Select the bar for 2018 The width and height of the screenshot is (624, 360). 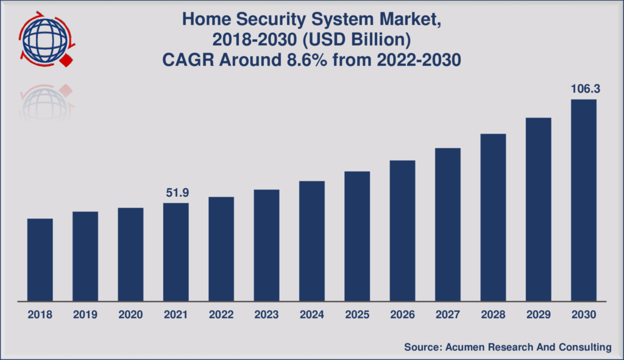[x=40, y=259]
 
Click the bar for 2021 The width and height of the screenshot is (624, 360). [x=175, y=252]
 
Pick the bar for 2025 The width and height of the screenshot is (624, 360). [x=357, y=236]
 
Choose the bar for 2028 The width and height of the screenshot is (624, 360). [x=493, y=217]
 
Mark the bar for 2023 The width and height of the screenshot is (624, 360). [x=266, y=245]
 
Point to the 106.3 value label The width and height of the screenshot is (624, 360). [x=584, y=90]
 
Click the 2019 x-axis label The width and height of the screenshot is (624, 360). [x=85, y=315]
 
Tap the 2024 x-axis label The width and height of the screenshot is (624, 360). [x=311, y=315]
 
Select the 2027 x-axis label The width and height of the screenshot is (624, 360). [x=448, y=315]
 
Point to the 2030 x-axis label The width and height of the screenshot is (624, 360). [x=584, y=315]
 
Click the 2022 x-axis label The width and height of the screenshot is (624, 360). [x=221, y=315]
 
